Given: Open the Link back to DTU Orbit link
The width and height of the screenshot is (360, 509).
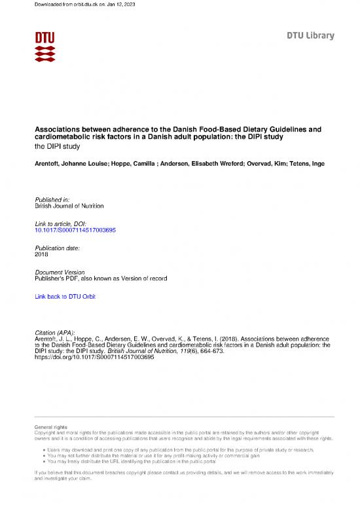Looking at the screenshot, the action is tap(65, 297).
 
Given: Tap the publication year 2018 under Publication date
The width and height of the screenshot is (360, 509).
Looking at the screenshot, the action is tap(41, 254).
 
